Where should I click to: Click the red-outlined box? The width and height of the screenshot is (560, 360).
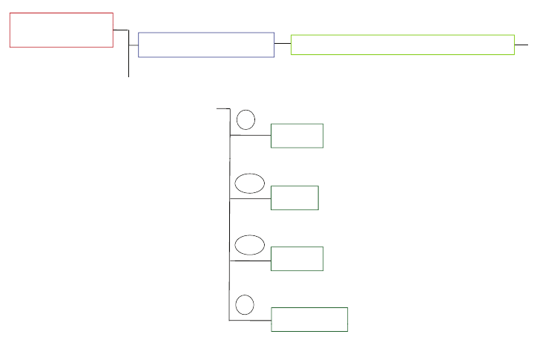click(62, 30)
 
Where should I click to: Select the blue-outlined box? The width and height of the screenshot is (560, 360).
click(206, 45)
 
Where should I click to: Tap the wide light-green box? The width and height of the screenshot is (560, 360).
click(403, 45)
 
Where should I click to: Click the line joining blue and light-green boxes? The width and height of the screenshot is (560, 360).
click(283, 44)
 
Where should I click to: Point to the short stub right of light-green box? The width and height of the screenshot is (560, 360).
click(521, 45)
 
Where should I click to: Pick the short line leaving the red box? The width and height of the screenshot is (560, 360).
click(120, 30)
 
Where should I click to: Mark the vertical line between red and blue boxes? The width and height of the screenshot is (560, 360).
click(129, 56)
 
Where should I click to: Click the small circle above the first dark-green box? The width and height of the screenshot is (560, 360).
click(246, 120)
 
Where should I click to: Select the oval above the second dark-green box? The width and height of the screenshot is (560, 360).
click(250, 183)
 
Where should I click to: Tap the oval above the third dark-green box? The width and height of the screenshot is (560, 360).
click(250, 245)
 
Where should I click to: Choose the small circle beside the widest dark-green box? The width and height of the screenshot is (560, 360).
click(245, 304)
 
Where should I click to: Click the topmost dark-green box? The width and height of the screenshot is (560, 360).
click(297, 136)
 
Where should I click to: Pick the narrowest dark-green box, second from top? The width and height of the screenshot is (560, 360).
click(294, 198)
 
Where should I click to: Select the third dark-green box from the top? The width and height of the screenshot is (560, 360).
click(297, 259)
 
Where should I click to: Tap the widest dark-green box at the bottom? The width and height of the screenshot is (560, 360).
click(309, 319)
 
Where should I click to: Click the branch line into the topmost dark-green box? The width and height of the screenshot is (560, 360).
click(251, 136)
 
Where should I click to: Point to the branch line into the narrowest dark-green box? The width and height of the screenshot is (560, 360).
click(251, 198)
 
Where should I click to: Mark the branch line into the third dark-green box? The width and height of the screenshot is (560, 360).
click(251, 261)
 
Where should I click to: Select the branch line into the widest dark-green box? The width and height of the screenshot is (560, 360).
click(251, 321)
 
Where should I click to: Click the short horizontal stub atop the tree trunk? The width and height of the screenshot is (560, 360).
click(223, 108)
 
